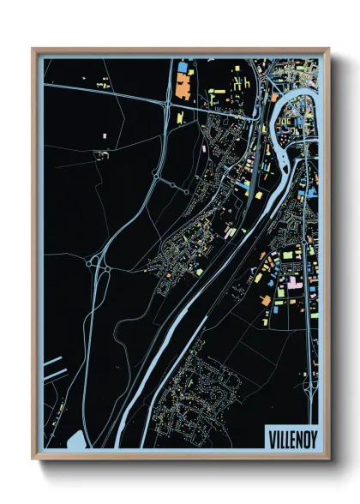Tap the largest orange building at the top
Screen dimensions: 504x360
point(183,84)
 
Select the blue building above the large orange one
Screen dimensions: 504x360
point(183,66)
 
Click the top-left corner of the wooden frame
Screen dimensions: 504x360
point(33,49)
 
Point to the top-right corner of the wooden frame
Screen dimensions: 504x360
point(330,49)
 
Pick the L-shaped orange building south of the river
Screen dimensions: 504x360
point(266,299)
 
